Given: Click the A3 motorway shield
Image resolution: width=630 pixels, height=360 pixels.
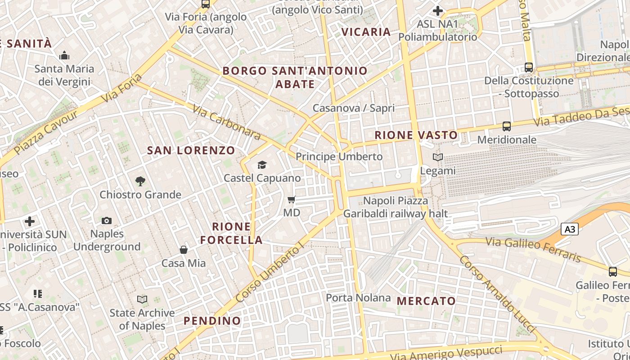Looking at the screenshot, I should click(570, 229).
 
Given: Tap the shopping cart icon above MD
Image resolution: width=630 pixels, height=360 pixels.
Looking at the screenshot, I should click(292, 199).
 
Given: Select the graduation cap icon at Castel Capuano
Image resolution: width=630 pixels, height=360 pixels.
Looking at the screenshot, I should click(262, 165).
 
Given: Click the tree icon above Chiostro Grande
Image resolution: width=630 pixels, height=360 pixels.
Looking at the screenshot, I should click(140, 181).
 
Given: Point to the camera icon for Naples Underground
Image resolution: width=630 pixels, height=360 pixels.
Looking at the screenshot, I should click(107, 220).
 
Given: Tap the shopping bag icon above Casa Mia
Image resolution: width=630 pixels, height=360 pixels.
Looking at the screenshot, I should click(184, 250).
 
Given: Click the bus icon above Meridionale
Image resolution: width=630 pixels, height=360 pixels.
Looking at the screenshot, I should click(507, 126).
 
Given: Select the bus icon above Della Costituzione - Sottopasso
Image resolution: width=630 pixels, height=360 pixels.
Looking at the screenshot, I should click(529, 67).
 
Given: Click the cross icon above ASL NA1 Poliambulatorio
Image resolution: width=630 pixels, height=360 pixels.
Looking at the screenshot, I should click(438, 10).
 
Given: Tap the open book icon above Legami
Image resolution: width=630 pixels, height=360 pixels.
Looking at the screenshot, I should click(437, 157).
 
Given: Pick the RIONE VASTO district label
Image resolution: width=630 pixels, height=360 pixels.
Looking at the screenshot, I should click(416, 135).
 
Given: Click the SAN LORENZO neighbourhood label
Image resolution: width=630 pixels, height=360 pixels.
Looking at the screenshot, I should click(191, 151).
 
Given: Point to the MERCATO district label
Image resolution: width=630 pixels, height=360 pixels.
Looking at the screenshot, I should click(426, 301).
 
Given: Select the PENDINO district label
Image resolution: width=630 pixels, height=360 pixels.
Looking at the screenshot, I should click(212, 321).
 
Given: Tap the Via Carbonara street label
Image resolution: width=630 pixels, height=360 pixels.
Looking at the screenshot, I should click(226, 122).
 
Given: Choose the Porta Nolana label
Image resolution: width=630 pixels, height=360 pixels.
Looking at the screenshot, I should click(358, 297).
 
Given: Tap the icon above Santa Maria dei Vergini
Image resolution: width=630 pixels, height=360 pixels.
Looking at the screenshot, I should click(64, 56).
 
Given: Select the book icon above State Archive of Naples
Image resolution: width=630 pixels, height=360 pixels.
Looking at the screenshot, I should click(142, 299).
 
